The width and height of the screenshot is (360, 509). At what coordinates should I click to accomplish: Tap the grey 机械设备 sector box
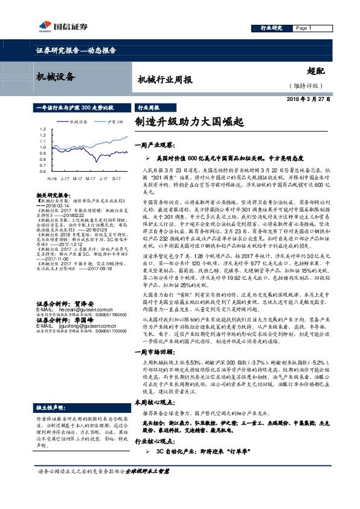(x=55, y=77)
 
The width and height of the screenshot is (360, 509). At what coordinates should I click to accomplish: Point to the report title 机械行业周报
(x=165, y=80)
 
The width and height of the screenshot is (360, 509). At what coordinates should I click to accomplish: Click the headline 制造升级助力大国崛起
(x=189, y=122)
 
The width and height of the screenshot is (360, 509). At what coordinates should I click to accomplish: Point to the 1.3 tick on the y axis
(x=42, y=129)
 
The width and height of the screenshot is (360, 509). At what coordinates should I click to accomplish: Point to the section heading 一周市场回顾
(x=153, y=334)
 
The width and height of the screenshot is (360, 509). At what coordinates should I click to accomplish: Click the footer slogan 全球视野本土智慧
(x=151, y=487)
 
